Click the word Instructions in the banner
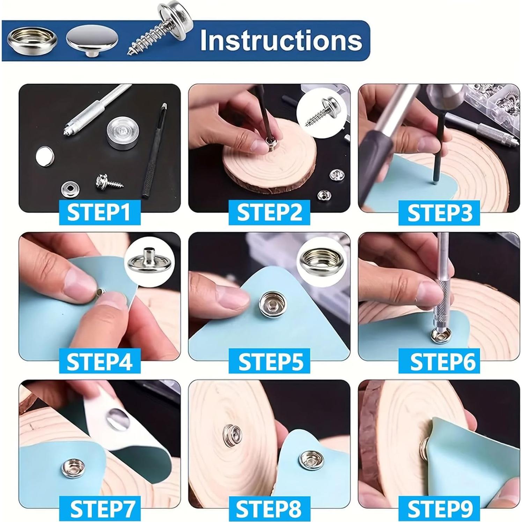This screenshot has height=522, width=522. [x=281, y=41]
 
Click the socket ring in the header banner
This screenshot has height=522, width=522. [x=32, y=41]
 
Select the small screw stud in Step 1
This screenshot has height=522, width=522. [x=107, y=181]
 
